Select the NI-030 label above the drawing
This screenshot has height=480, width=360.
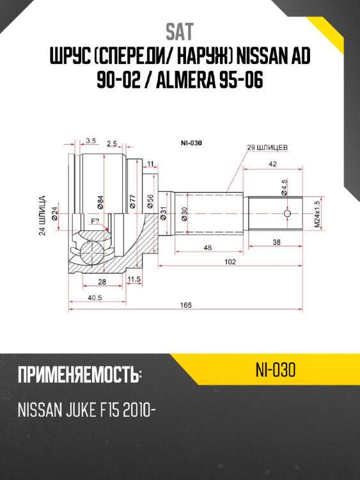(191, 143)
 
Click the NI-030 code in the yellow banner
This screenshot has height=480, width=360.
(276, 371)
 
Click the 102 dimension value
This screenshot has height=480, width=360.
(230, 262)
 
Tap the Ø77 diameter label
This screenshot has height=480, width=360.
(133, 202)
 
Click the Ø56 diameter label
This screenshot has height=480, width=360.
(149, 202)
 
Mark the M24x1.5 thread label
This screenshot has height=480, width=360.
(316, 214)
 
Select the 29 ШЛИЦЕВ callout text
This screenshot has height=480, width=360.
(267, 147)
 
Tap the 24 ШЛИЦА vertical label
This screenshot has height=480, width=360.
(42, 216)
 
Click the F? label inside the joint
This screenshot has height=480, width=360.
(95, 221)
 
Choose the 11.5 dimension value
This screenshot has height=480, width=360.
(134, 280)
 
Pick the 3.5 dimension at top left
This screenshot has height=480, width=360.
(90, 140)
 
